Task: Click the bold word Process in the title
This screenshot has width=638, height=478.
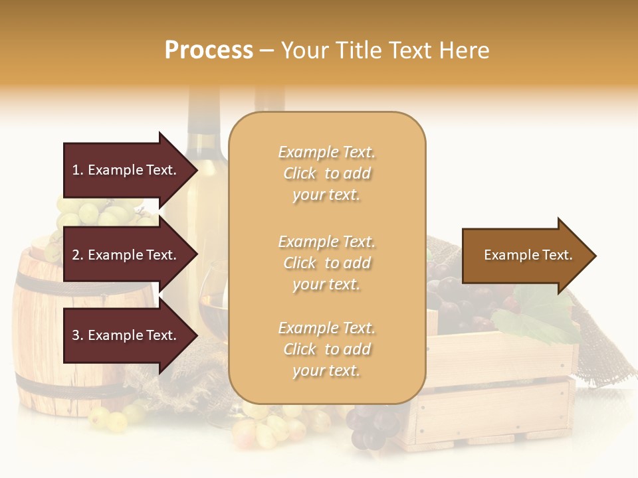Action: pyautogui.click(x=209, y=50)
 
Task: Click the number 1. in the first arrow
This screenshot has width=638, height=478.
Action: pyautogui.click(x=78, y=170)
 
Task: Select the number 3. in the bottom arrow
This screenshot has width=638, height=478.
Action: pyautogui.click(x=78, y=335)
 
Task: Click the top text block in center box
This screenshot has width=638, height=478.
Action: pyautogui.click(x=326, y=173)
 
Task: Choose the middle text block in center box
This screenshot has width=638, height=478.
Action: pyautogui.click(x=326, y=263)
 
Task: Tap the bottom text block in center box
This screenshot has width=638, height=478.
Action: pyautogui.click(x=326, y=349)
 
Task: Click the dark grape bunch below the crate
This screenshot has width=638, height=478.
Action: pyautogui.click(x=369, y=425)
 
